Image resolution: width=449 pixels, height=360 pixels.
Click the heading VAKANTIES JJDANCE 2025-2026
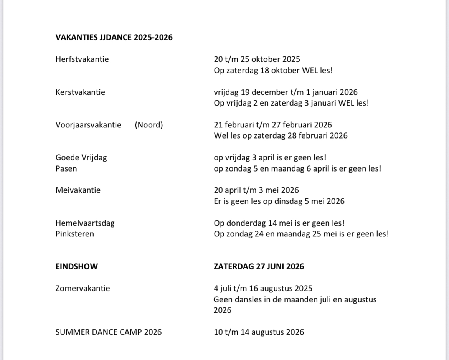(114, 37)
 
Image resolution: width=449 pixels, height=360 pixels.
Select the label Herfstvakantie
(82, 59)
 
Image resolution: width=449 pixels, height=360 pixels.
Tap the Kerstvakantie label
(80, 92)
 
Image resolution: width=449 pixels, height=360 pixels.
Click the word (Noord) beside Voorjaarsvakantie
(149, 125)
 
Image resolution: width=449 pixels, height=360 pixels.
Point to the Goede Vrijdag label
(81, 157)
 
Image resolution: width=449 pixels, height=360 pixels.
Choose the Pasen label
(66, 168)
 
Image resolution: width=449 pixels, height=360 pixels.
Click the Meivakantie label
(78, 190)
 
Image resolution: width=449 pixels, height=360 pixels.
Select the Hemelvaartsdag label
(85, 223)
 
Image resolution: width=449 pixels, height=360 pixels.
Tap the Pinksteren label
(74, 234)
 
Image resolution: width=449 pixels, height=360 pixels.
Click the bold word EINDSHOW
(77, 266)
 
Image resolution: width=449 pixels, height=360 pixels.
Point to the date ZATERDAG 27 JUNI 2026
(259, 266)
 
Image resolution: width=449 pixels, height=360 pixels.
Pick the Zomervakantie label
(83, 288)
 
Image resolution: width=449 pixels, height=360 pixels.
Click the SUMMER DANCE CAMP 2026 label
(109, 332)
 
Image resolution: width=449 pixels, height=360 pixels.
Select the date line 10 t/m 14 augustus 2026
(259, 332)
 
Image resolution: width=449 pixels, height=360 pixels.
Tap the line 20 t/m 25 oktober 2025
(257, 59)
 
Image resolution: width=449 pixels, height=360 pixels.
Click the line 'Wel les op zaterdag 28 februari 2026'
(281, 135)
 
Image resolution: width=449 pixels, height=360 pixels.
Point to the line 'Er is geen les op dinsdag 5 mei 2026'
(279, 201)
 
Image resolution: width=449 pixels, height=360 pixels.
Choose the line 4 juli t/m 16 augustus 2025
(263, 288)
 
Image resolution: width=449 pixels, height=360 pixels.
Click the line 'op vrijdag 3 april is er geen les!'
(270, 157)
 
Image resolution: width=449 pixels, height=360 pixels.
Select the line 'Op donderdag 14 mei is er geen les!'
(279, 223)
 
